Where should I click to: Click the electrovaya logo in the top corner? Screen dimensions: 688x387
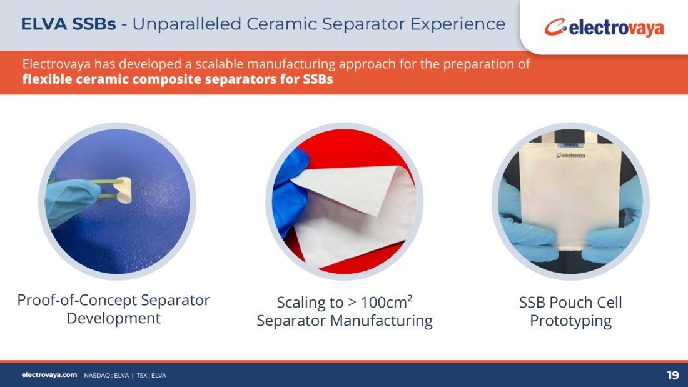pos(604,28)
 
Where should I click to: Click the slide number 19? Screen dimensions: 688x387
pos(672,375)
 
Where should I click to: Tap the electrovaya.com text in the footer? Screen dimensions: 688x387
pos(49,374)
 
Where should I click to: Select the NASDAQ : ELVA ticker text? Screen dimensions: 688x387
pos(106,376)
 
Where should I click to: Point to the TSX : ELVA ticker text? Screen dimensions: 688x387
pos(151,376)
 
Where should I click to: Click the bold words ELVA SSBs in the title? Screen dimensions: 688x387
pos(68,24)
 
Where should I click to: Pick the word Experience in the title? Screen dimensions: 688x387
pos(458,24)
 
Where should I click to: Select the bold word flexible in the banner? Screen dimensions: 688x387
pos(46,79)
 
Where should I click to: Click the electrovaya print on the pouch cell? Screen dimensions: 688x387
pos(570,155)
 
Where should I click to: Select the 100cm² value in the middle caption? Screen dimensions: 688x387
pos(386,302)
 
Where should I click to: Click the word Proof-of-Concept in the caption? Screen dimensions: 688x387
pos(77,301)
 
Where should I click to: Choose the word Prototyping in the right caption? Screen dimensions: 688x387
pos(570,321)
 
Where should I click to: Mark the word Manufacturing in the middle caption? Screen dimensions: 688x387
pos(382,321)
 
